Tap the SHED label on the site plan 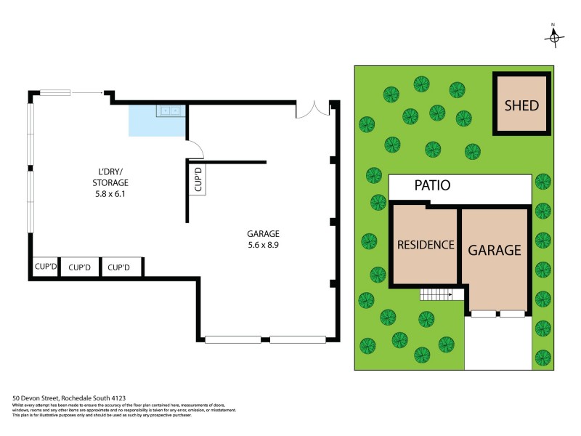pos(521,105)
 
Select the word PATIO pos(432,185)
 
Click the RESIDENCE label pos(426,245)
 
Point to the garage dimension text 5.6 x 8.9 pos(263,246)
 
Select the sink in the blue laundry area pos(171,111)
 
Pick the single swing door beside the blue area pos(195,149)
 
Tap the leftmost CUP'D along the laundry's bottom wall pos(45,267)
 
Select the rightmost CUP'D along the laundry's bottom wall pos(119,267)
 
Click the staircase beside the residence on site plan pos(436,294)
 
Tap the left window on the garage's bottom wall pos(232,339)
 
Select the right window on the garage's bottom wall pos(298,339)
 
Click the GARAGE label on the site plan pos(494,250)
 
